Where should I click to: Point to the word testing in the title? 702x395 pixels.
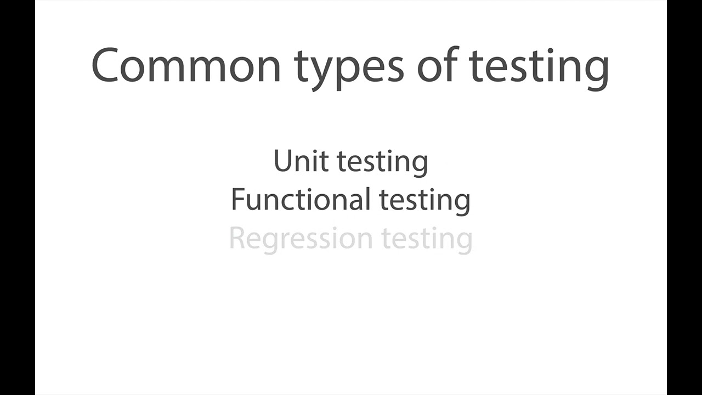click(539, 67)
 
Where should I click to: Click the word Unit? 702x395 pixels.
click(301, 161)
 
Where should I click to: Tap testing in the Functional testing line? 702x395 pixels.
click(425, 201)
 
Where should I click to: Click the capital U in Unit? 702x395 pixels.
click(283, 161)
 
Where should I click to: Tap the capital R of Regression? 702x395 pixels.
click(237, 239)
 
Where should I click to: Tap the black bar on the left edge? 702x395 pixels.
click(17, 198)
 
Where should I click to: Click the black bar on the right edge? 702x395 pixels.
click(684, 198)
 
